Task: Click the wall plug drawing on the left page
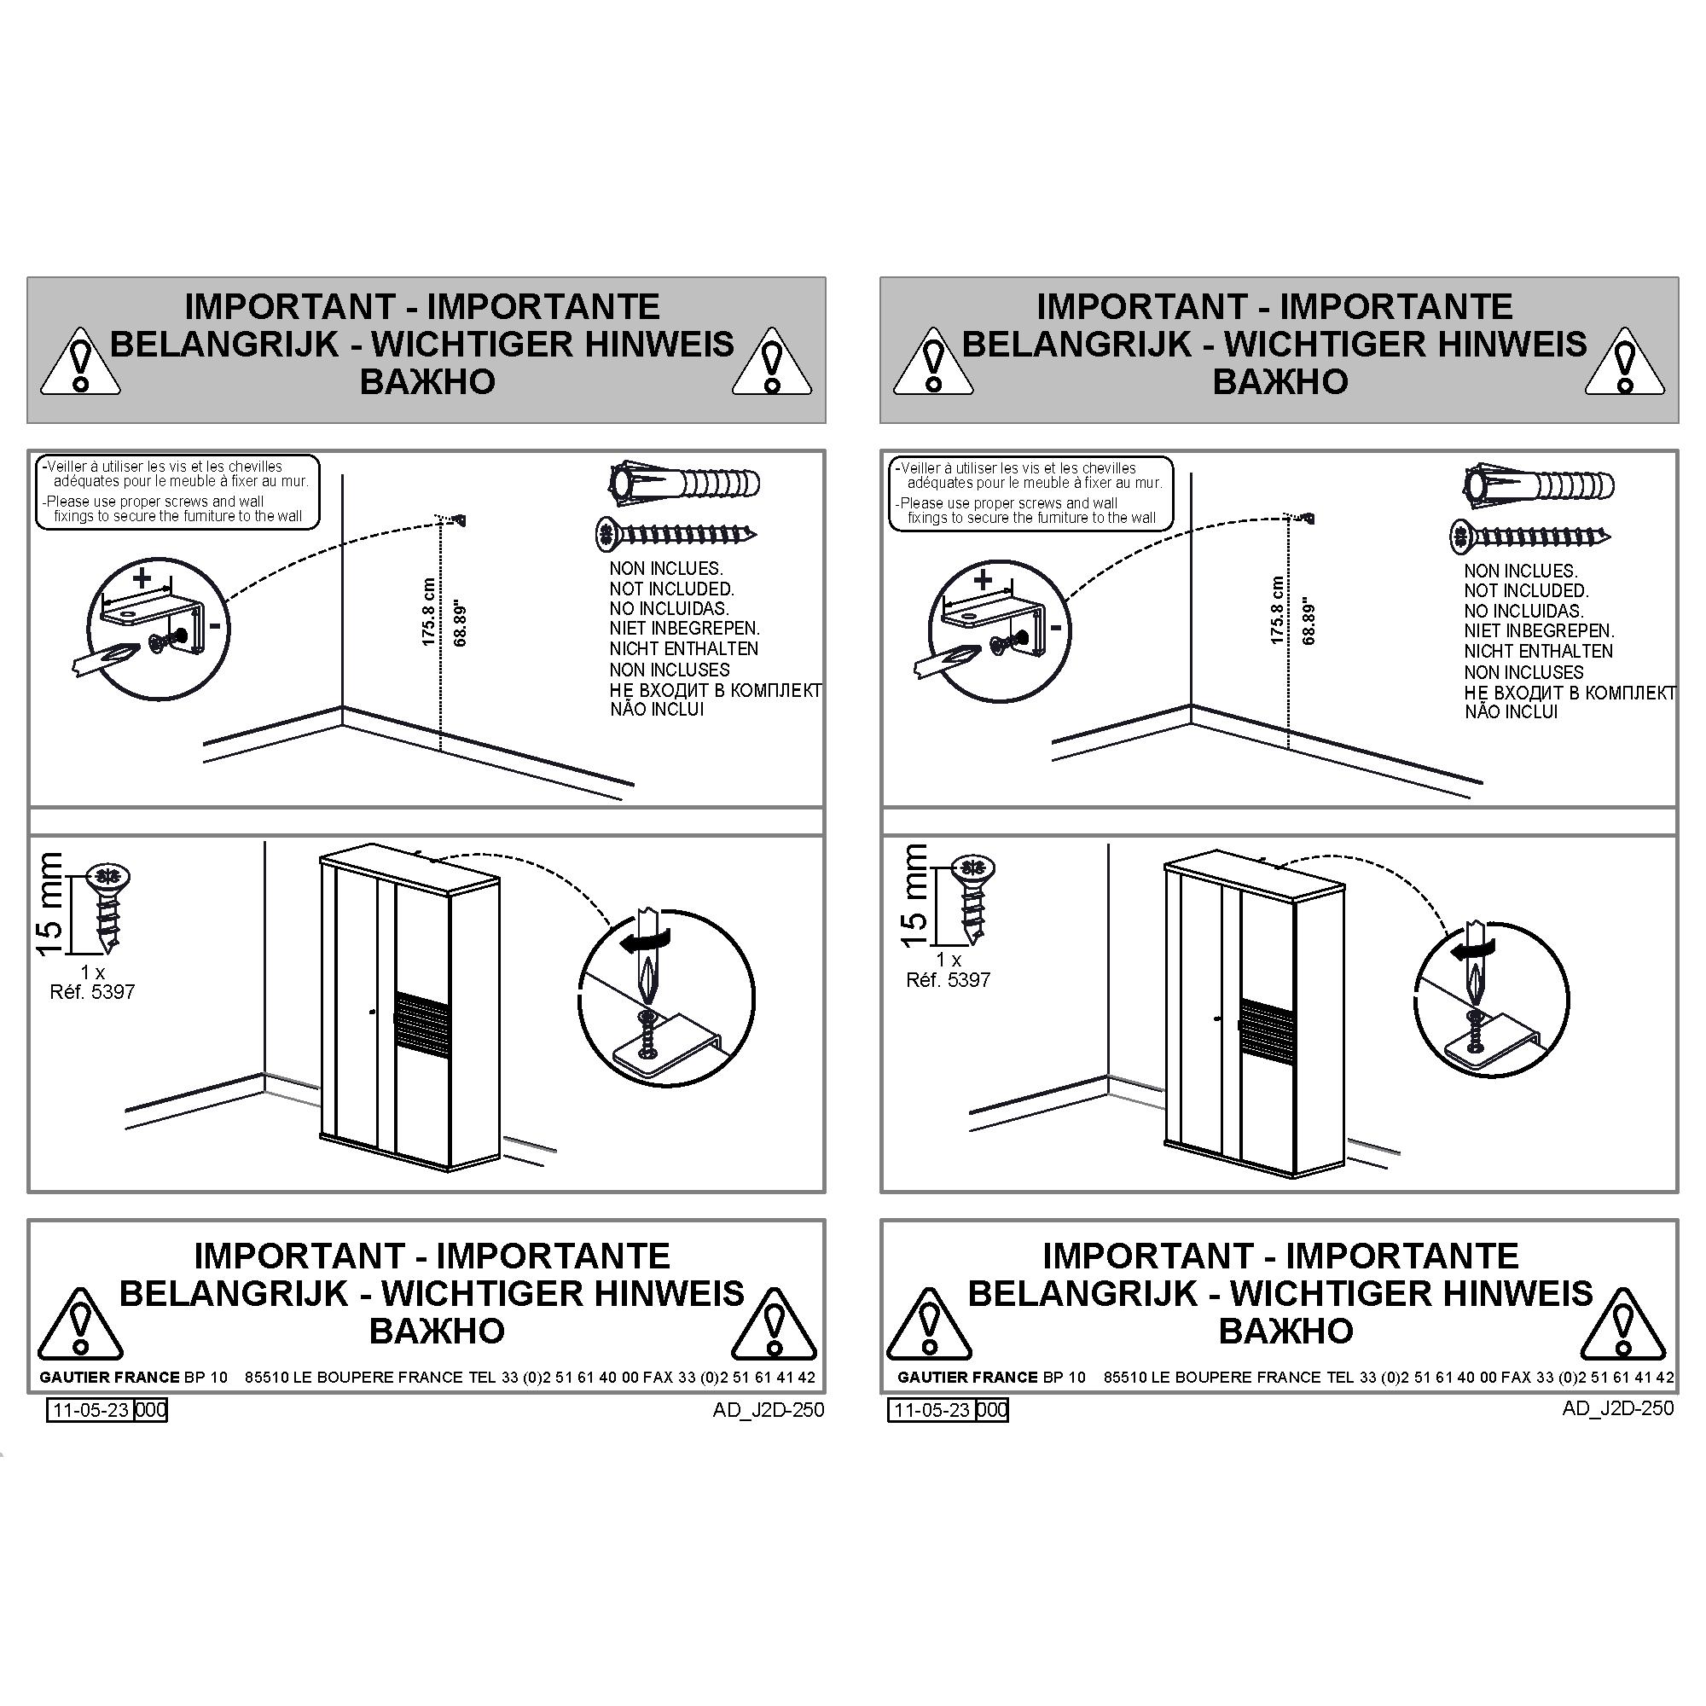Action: (684, 483)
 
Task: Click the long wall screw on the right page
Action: (1530, 535)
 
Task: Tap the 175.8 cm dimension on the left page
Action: (429, 612)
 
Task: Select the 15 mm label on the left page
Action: (49, 903)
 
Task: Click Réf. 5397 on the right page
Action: (949, 979)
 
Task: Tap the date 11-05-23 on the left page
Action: (91, 1410)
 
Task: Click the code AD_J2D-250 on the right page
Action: (1617, 1407)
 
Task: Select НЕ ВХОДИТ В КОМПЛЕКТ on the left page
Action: (716, 689)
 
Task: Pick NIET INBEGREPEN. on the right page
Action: (1539, 630)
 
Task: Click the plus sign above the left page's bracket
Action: (142, 579)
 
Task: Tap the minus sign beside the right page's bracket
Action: (1056, 628)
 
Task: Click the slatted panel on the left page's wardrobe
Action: (421, 1018)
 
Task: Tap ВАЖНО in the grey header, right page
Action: (1279, 381)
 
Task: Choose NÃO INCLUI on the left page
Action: (657, 709)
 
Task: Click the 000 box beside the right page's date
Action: (992, 1410)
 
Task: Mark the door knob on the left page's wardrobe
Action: (374, 1012)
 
